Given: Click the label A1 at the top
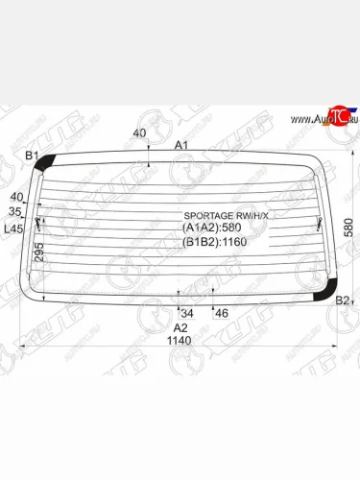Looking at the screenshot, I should click(180, 145).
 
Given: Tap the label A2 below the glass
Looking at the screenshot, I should click(180, 327).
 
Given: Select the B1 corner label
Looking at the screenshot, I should click(31, 156).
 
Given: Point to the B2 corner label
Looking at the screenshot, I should click(342, 301).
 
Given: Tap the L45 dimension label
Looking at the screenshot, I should click(13, 228).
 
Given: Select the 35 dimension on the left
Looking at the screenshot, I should click(14, 211).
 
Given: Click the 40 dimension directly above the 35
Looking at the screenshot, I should click(14, 198).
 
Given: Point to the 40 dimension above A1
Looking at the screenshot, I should click(140, 133).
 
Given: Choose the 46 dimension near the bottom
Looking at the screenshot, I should click(221, 313).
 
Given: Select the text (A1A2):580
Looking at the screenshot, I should click(211, 228).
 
